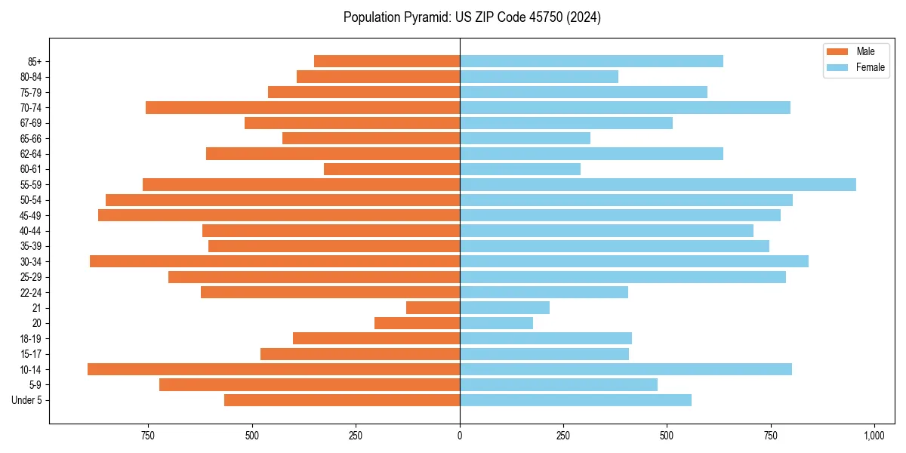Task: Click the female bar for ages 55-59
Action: coord(658,185)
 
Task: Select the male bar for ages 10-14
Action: coord(273,369)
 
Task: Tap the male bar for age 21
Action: coord(433,308)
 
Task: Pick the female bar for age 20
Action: coord(496,323)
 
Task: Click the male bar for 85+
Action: coord(387,61)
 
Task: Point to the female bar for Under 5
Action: coord(575,400)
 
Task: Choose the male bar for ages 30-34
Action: coord(275,261)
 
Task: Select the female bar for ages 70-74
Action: coord(625,108)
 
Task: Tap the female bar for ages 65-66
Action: coord(525,138)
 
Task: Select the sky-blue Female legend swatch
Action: coord(838,67)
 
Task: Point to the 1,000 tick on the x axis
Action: coord(874,436)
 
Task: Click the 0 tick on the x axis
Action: coord(460,436)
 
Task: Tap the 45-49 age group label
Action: coord(30,215)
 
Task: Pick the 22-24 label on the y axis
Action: coord(30,292)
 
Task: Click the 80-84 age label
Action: coord(30,77)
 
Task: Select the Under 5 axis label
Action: coord(27,400)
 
